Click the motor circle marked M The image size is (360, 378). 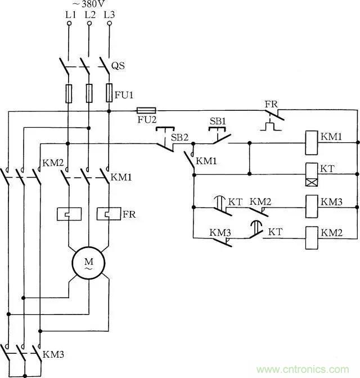pos(88,263)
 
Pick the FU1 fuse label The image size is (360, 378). pos(123,96)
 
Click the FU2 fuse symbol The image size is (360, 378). pos(146,111)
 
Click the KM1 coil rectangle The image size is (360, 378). pos(312,143)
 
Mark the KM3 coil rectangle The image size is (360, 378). pos(312,202)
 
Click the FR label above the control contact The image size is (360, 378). pos(271,105)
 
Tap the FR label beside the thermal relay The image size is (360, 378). pos(129,214)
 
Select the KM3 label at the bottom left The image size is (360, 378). pos(53,355)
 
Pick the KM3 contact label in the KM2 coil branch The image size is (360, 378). pos(219,231)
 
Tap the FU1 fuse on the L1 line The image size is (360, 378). pos(69,93)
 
